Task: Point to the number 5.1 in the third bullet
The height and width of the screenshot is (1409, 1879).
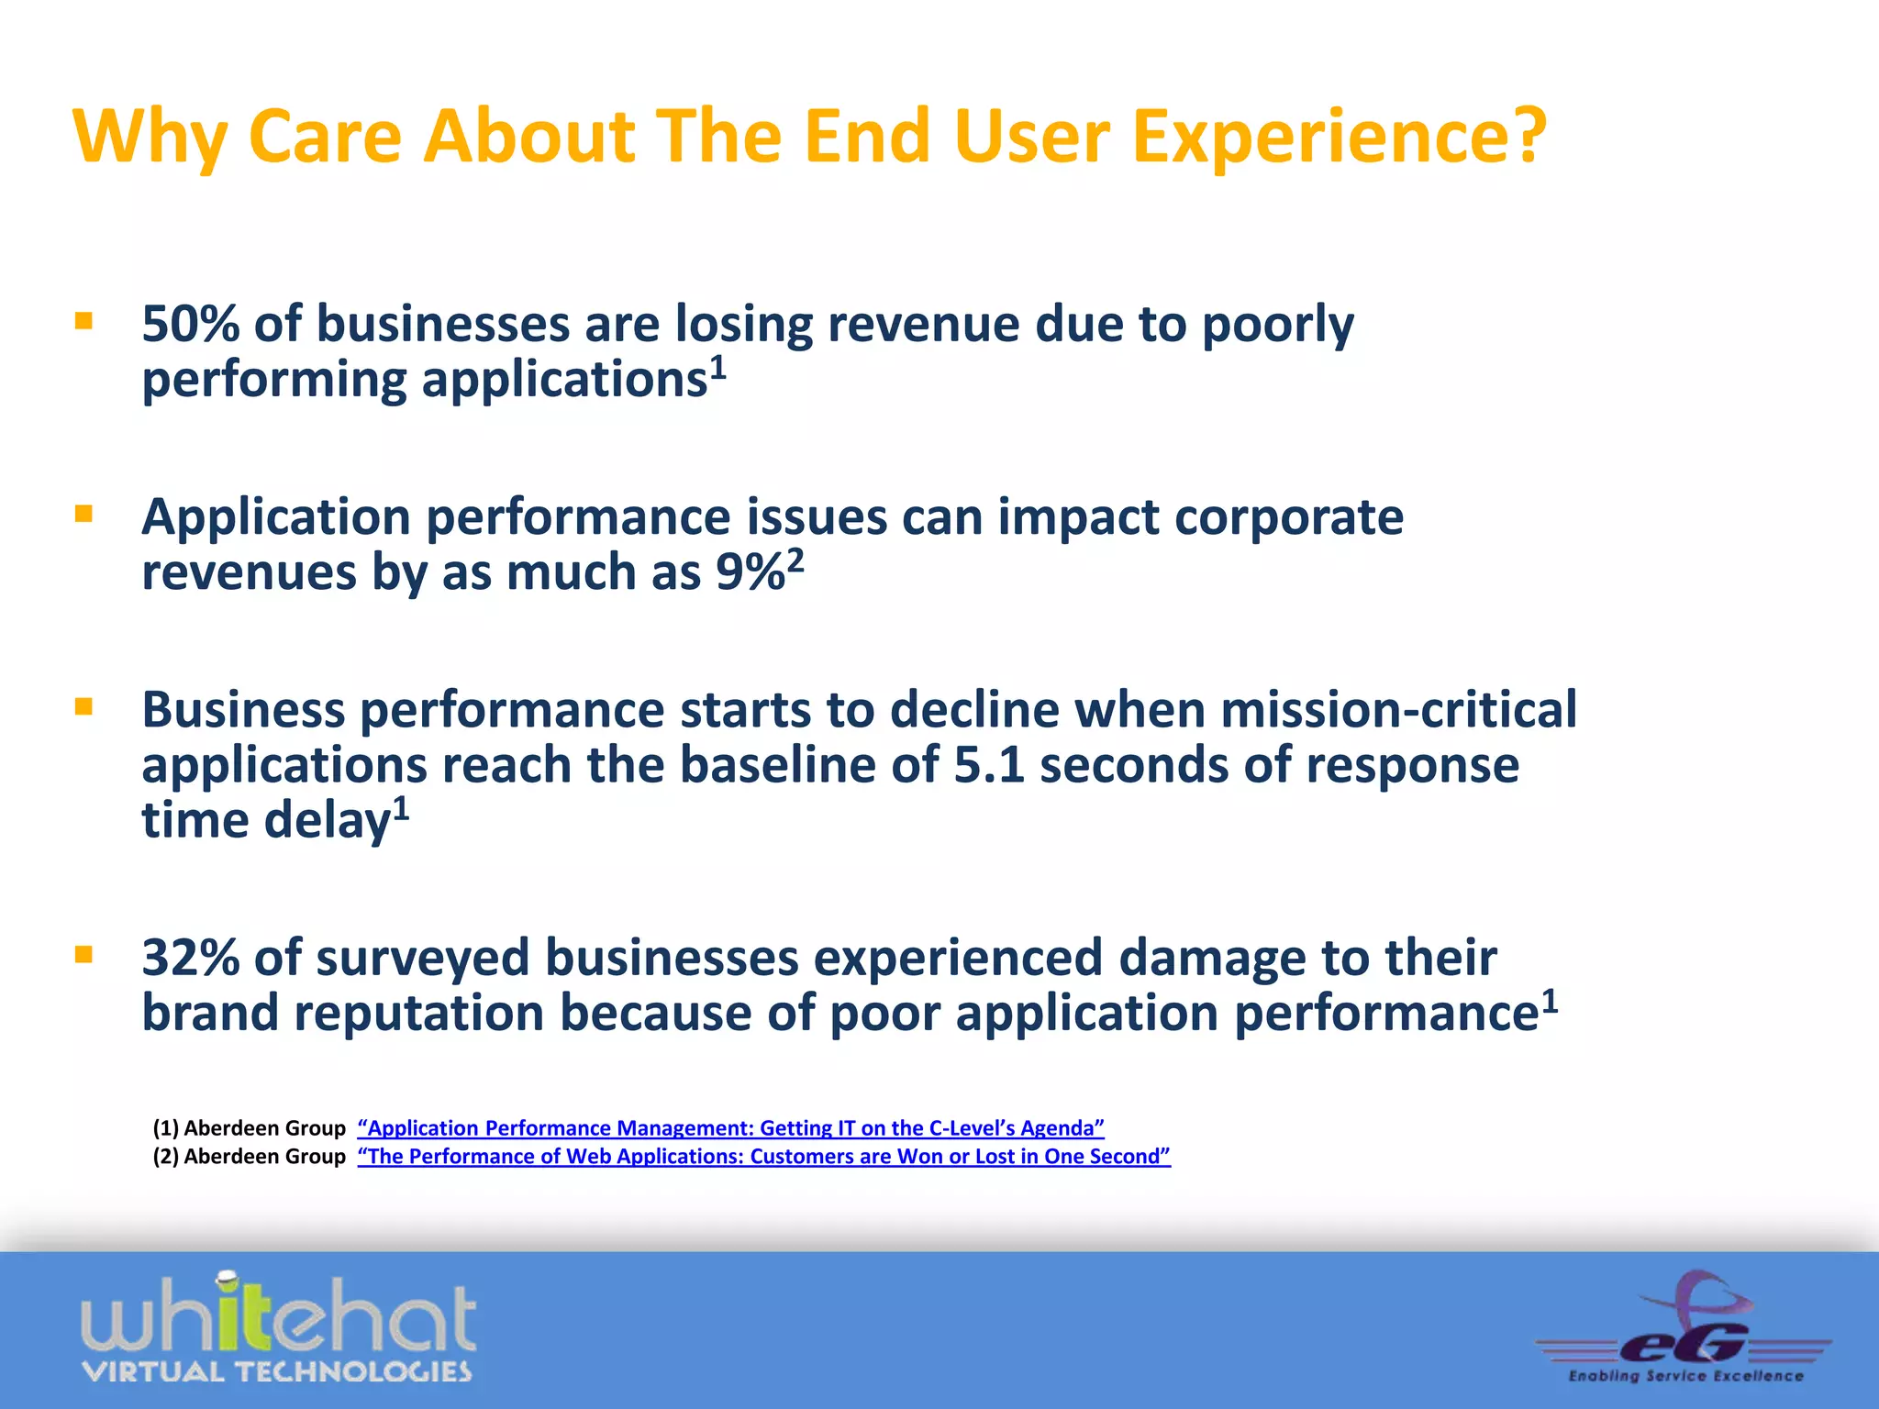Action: [x=988, y=765]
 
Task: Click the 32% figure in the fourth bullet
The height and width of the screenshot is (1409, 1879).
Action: [x=190, y=958]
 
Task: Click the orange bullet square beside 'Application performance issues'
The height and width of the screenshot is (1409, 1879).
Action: [x=84, y=514]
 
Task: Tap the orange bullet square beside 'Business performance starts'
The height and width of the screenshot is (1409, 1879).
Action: [x=84, y=706]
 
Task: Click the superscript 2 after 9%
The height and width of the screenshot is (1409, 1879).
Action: [x=795, y=560]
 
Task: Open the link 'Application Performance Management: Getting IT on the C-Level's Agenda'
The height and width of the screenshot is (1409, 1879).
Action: [x=730, y=1128]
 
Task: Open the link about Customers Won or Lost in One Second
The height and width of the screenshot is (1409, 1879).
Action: [x=763, y=1157]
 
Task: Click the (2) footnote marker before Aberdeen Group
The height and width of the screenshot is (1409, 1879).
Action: [x=165, y=1157]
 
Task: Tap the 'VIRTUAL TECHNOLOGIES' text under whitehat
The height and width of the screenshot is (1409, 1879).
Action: [x=276, y=1372]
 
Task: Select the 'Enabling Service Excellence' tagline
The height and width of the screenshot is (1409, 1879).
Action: [x=1685, y=1376]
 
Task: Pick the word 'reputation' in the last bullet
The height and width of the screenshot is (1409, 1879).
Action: [x=418, y=1014]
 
